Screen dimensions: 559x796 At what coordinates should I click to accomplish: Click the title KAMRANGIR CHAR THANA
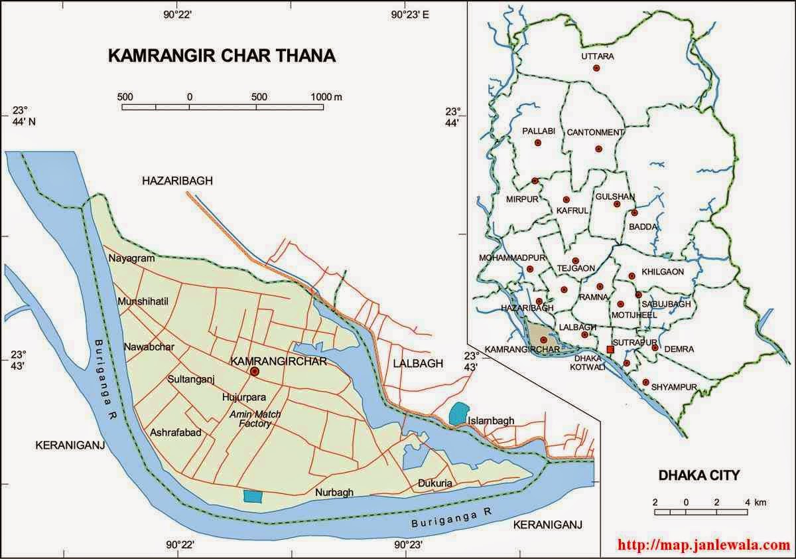coord(222,55)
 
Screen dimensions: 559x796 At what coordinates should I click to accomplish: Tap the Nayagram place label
coord(131,258)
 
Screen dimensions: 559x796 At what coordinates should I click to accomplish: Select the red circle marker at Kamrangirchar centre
coord(254,372)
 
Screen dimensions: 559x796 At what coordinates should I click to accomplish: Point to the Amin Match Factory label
coord(250,419)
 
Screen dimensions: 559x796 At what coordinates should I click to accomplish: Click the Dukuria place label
coord(435,484)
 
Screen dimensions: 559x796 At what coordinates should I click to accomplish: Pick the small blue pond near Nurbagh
coord(252,496)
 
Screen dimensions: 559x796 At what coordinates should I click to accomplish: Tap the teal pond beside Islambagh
coord(457,414)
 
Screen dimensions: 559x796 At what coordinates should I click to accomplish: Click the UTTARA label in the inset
coord(597,56)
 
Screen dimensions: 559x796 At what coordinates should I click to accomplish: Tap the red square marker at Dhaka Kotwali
coord(610,349)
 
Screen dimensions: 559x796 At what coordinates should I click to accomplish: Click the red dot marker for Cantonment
coord(598,149)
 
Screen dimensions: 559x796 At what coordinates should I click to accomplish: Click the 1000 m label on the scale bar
coord(327,97)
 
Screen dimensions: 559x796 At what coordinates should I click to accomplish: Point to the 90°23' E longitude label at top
coord(410,15)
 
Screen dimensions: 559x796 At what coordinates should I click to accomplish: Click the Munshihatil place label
coord(144,302)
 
